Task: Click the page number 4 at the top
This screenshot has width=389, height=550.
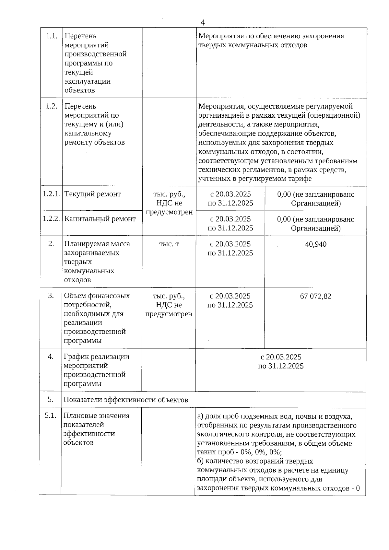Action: pyautogui.click(x=203, y=23)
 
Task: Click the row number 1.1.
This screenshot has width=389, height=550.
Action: pyautogui.click(x=52, y=36)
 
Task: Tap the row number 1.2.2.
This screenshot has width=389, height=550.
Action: pyautogui.click(x=52, y=219)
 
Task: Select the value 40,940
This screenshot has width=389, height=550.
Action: pyautogui.click(x=315, y=244)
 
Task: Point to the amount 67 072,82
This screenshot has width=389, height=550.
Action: pyautogui.click(x=315, y=296)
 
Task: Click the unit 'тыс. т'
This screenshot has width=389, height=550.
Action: pyautogui.click(x=169, y=244)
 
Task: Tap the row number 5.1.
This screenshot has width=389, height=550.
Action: pyautogui.click(x=51, y=415)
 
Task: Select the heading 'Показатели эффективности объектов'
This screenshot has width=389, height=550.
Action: pyautogui.click(x=126, y=400)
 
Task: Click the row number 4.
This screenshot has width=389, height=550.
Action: pyautogui.click(x=51, y=357)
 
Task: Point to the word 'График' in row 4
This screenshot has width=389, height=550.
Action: pyautogui.click(x=76, y=357)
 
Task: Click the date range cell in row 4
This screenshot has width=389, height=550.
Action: pyautogui.click(x=281, y=361)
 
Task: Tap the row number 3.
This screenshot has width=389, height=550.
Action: pyautogui.click(x=51, y=296)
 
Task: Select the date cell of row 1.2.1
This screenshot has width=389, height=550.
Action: pyautogui.click(x=230, y=199)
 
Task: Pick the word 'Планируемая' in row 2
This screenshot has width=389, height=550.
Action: pyautogui.click(x=85, y=244)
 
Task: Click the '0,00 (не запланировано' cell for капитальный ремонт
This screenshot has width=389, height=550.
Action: pyautogui.click(x=315, y=224)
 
